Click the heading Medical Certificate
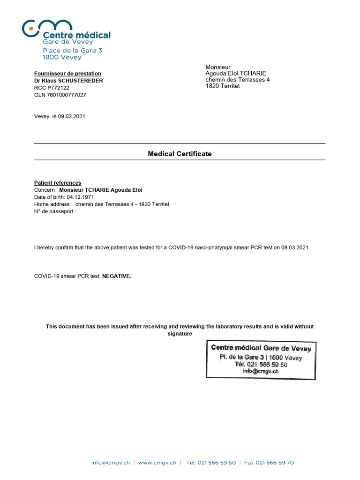(x=180, y=154)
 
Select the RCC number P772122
(x=58, y=88)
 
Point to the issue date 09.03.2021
(x=71, y=117)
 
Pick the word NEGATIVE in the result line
(x=117, y=276)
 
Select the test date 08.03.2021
(x=294, y=247)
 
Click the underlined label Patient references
(x=58, y=183)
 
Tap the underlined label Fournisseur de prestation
(x=67, y=74)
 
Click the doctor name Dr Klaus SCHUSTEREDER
(x=68, y=81)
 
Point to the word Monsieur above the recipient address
(x=218, y=67)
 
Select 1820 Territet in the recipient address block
(x=223, y=86)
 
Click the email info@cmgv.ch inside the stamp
(x=261, y=371)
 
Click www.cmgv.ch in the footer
(x=157, y=463)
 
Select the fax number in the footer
(x=269, y=463)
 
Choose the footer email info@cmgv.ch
(x=111, y=463)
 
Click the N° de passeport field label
(x=55, y=211)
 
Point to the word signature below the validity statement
(x=180, y=334)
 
